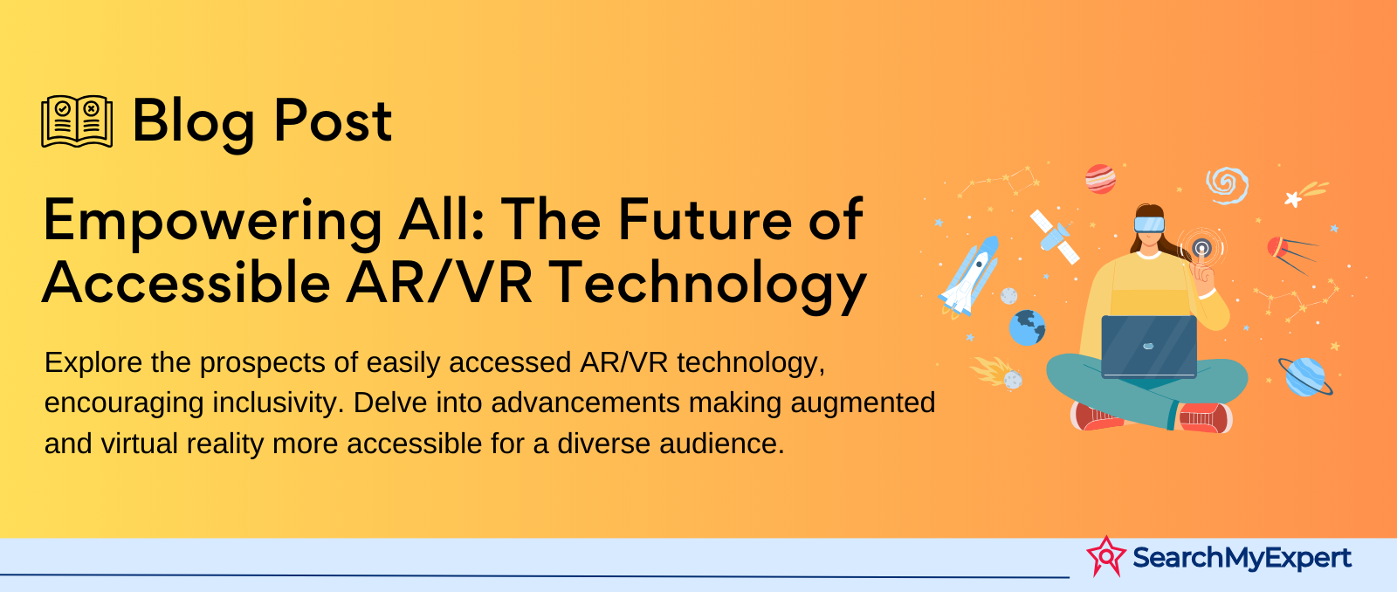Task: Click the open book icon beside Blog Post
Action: (x=77, y=121)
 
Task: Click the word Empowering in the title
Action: (x=213, y=222)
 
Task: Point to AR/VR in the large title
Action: (x=439, y=283)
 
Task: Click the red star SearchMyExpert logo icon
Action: (x=1105, y=556)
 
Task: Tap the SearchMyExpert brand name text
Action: (x=1242, y=558)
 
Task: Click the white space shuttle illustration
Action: (x=969, y=276)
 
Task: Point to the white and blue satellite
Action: (x=1055, y=237)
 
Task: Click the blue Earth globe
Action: (x=1027, y=327)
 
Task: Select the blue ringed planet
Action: (x=1304, y=376)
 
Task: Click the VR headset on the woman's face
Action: (x=1149, y=224)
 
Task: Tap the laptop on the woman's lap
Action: (x=1149, y=347)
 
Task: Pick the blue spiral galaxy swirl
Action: (x=1227, y=184)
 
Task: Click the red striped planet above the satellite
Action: (x=1100, y=179)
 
